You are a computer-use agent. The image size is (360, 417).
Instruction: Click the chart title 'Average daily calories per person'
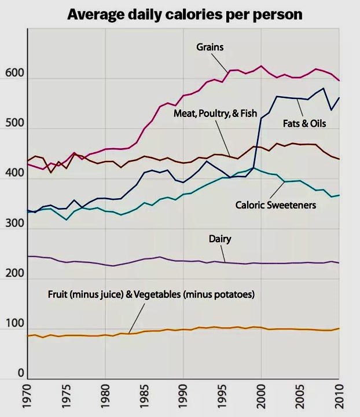(185, 14)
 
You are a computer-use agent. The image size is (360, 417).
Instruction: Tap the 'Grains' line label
(210, 47)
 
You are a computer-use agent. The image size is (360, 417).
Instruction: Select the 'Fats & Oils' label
(304, 123)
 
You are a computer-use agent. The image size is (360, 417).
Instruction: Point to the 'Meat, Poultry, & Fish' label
(215, 114)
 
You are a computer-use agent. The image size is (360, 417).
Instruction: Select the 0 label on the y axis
(20, 374)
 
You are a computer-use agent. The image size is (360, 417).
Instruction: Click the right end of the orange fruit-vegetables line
(339, 328)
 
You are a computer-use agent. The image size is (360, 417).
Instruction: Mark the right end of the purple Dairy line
(339, 263)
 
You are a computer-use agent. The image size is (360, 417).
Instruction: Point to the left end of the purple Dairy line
(28, 256)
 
